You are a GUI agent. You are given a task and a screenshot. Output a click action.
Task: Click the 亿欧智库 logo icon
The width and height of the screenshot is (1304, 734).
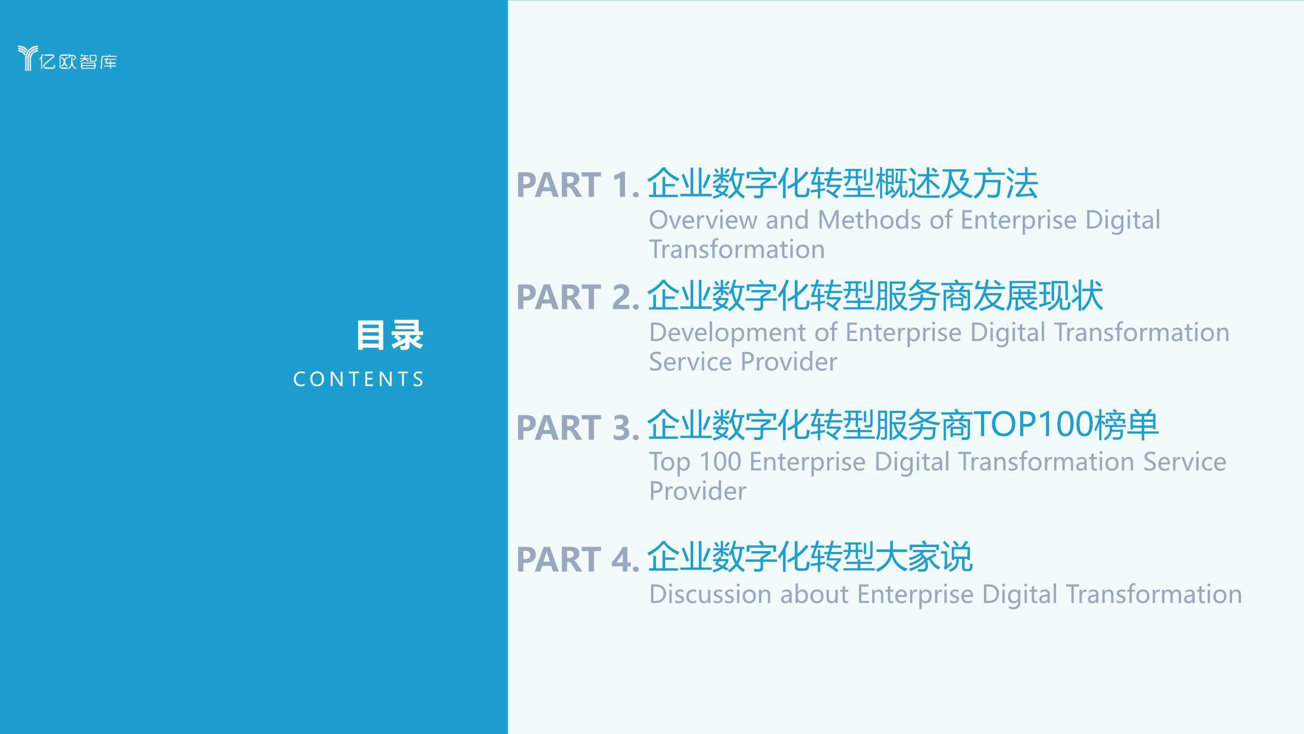click(28, 58)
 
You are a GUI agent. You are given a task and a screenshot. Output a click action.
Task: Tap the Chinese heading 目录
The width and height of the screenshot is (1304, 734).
click(389, 335)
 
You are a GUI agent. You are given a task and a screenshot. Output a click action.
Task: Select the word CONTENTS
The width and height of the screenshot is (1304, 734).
click(359, 379)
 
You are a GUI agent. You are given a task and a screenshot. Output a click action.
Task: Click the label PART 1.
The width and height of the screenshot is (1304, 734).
click(578, 184)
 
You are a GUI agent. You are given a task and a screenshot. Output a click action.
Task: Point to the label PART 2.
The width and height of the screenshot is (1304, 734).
click(578, 297)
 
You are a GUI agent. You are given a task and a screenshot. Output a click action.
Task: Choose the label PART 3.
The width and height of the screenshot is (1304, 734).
click(578, 428)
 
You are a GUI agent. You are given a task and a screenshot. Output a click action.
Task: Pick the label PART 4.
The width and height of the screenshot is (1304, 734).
click(578, 559)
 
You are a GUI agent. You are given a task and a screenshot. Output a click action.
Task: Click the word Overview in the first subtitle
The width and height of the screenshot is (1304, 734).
click(703, 220)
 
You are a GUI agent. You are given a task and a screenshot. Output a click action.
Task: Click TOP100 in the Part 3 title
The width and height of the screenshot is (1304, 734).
click(1033, 424)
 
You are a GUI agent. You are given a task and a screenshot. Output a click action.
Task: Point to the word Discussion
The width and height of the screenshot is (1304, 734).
click(710, 594)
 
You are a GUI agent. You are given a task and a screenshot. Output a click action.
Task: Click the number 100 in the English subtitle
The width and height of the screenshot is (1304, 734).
click(720, 461)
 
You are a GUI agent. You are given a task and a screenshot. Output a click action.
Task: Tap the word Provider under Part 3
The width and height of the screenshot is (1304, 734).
click(697, 491)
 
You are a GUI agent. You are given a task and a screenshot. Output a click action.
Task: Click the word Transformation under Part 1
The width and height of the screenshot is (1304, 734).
click(737, 249)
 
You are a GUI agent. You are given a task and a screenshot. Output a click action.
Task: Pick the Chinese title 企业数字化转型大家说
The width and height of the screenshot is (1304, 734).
click(809, 557)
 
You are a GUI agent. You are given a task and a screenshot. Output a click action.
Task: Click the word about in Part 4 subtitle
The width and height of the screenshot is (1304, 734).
click(814, 594)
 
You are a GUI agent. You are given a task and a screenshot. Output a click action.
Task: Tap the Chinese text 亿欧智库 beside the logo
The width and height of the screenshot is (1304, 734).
click(78, 61)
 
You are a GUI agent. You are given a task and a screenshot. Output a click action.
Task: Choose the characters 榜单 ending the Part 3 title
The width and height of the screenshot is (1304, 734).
click(1126, 424)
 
